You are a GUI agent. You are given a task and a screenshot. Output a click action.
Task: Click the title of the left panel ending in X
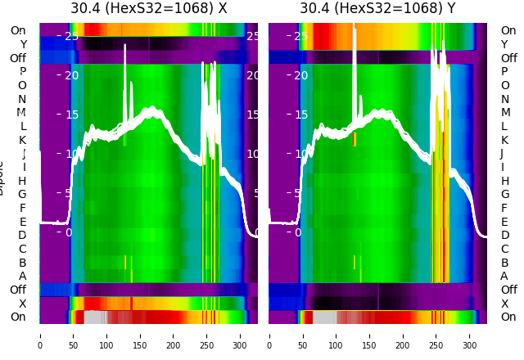click(x=148, y=9)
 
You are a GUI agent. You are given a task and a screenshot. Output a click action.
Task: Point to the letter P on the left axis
click(x=23, y=72)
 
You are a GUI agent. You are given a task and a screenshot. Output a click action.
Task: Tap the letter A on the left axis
click(x=23, y=277)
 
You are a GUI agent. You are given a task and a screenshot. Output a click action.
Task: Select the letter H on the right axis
click(x=504, y=181)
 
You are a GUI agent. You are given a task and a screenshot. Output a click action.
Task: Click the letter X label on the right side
click(x=504, y=304)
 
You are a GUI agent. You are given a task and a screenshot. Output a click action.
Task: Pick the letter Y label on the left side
click(x=23, y=45)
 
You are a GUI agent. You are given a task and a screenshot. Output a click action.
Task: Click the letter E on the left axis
click(x=23, y=222)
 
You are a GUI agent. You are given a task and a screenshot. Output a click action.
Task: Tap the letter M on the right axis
click(x=505, y=113)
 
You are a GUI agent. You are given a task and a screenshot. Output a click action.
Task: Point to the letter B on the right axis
click(x=504, y=263)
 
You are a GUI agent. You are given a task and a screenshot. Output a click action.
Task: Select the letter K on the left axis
click(x=23, y=140)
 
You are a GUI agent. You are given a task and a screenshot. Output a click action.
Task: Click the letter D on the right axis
click(x=504, y=236)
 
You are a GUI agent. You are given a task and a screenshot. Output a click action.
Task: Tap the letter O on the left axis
click(x=23, y=86)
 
